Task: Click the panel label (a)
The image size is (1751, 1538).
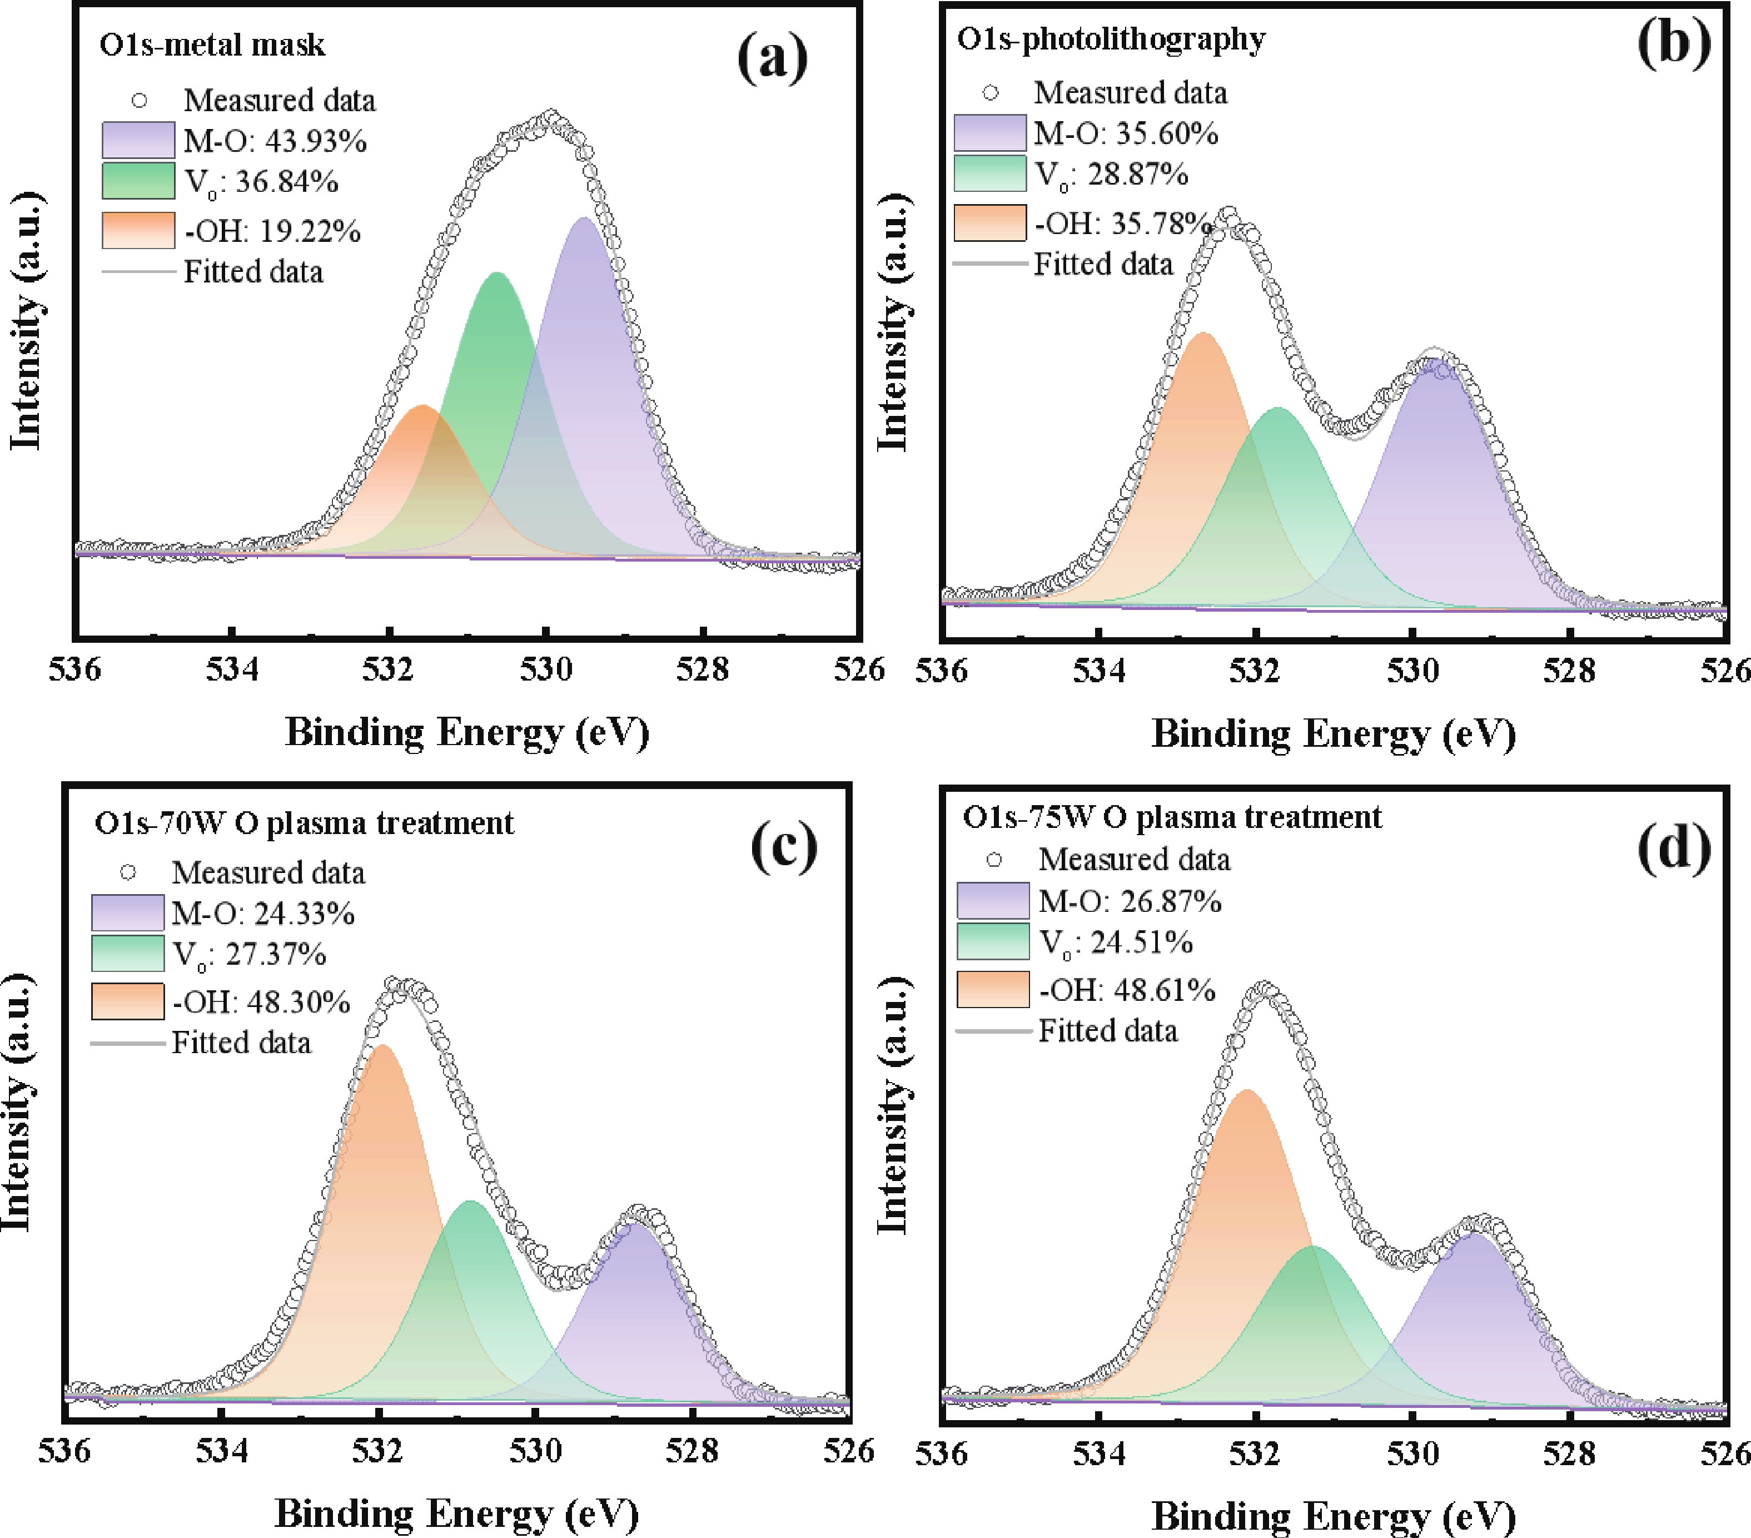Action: point(772,58)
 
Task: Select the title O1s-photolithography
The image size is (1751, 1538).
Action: point(1111,39)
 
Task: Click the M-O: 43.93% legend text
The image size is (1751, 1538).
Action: point(275,141)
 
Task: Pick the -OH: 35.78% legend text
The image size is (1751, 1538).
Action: point(1122,224)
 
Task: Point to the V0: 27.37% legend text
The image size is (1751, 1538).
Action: point(249,955)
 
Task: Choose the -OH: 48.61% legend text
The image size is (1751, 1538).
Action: point(1127,990)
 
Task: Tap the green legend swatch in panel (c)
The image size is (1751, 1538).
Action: point(128,954)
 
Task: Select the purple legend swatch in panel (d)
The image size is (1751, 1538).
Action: point(992,901)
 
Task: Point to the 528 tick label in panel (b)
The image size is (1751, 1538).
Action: point(1569,671)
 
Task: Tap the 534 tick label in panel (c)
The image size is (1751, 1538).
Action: point(222,1451)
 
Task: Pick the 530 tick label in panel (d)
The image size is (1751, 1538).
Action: point(1412,1454)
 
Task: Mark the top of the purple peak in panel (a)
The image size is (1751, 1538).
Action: point(583,219)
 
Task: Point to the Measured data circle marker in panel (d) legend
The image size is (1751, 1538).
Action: point(994,860)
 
